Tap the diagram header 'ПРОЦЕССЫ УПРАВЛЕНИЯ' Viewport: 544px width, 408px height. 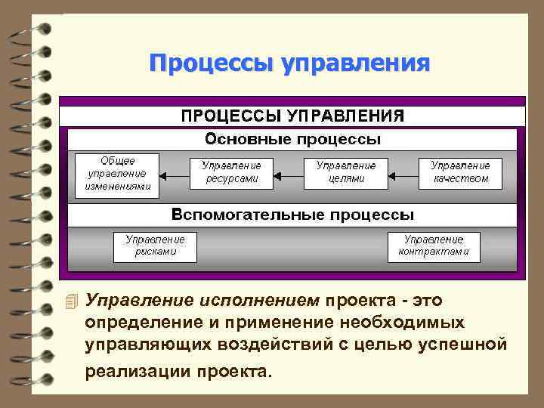292,116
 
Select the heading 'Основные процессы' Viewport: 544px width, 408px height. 293,140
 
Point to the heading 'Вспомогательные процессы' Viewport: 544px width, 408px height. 293,214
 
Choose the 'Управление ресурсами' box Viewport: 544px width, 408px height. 231,172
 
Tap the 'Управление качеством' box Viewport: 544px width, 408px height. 460,172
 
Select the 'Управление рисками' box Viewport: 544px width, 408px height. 155,246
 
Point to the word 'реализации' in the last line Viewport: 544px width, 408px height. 137,371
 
